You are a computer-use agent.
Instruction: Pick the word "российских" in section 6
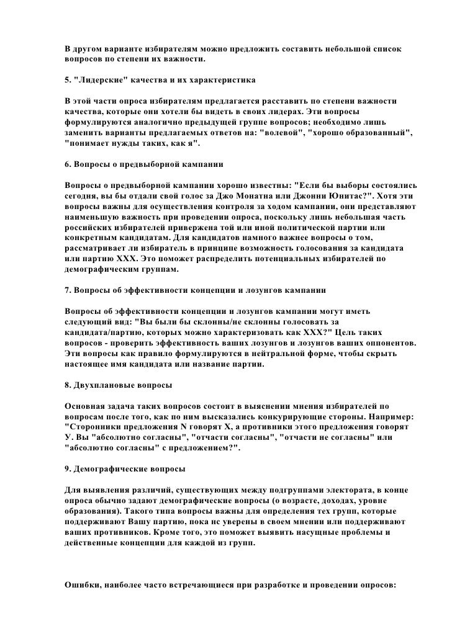[x=89, y=228]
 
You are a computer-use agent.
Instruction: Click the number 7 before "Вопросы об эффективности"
[x=67, y=290]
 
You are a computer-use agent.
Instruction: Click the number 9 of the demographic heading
[x=67, y=470]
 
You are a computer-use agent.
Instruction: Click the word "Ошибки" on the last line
[x=81, y=586]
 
